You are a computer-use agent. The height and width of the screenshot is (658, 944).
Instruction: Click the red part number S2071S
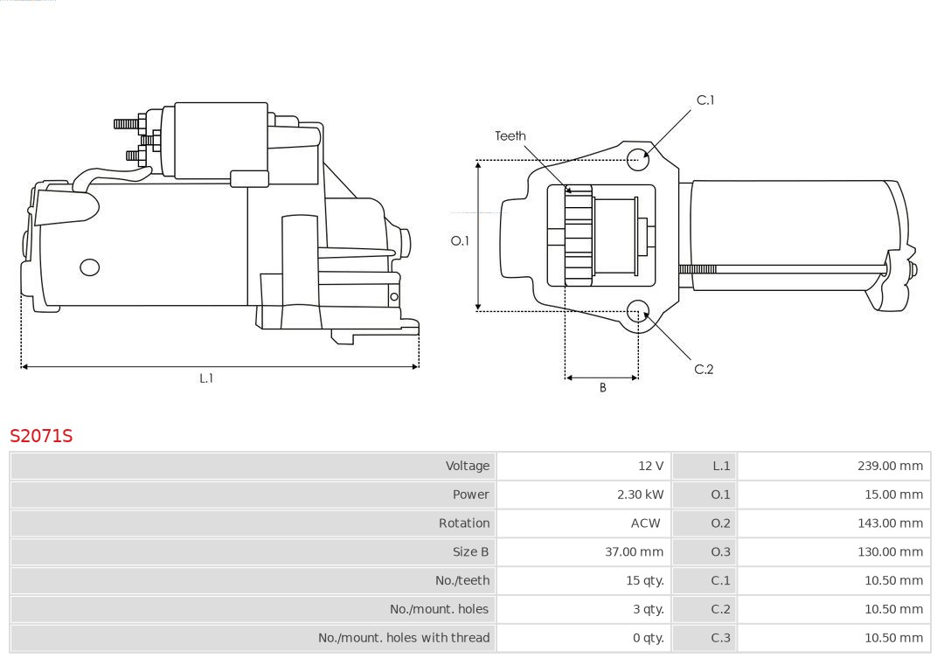(41, 435)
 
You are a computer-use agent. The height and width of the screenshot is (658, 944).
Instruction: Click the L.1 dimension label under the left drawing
(206, 378)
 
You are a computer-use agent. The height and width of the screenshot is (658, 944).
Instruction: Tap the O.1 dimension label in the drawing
(460, 240)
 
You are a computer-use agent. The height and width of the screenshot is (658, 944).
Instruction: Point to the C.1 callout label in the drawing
(705, 100)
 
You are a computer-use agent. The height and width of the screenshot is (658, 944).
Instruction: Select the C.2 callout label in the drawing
(704, 369)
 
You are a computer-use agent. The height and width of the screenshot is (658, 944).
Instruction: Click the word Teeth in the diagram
(510, 135)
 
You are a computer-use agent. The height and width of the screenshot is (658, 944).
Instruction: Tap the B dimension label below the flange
(602, 387)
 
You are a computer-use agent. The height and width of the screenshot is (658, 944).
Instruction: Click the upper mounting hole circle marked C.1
(639, 157)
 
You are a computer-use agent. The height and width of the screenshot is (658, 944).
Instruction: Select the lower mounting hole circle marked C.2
(639, 310)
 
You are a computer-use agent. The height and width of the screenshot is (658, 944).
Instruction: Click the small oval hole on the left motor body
(90, 267)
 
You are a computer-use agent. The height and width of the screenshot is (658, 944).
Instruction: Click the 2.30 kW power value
(640, 495)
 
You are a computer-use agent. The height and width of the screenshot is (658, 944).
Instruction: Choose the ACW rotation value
(646, 523)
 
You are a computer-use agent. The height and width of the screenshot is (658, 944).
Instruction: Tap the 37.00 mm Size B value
(634, 551)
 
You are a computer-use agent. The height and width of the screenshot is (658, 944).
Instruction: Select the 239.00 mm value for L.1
(890, 466)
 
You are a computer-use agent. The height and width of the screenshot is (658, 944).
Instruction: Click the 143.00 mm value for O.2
(890, 523)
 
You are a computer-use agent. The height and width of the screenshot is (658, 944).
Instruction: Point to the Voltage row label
(467, 466)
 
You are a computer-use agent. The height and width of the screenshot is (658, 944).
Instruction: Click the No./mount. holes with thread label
(404, 638)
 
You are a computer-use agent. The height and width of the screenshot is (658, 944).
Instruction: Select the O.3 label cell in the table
(720, 551)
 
